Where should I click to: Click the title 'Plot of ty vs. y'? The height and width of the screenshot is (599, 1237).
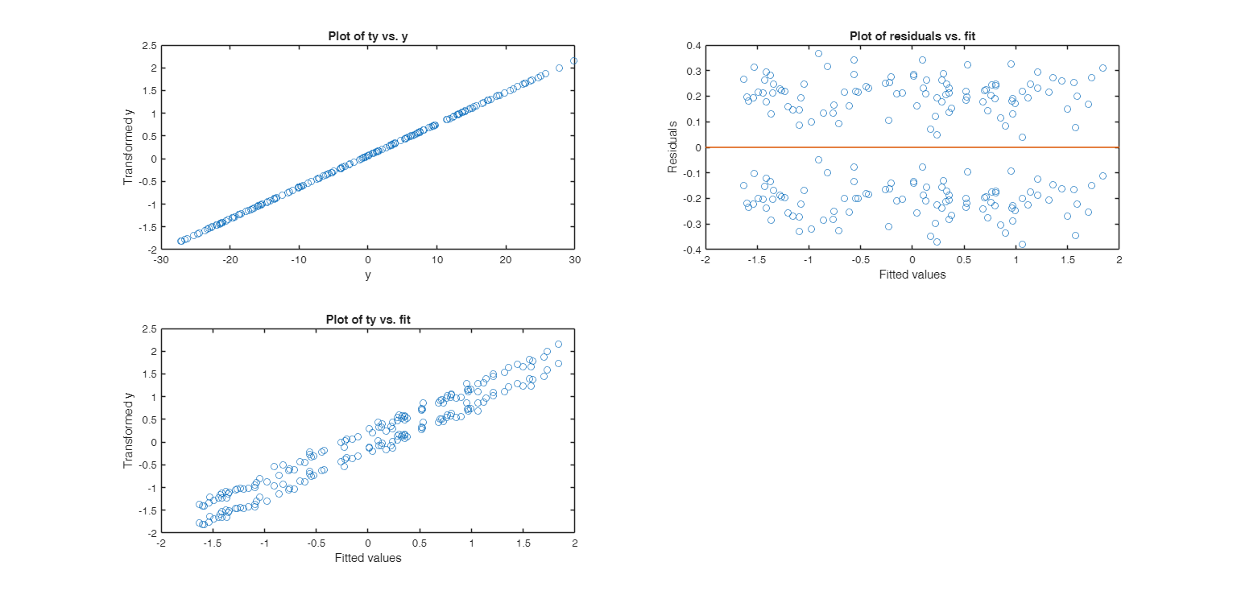click(x=367, y=35)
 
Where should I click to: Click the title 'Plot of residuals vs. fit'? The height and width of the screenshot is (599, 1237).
click(x=912, y=35)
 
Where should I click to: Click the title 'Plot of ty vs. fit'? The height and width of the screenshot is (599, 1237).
click(x=367, y=320)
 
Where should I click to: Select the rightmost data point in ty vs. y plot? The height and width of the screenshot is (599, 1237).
click(x=573, y=60)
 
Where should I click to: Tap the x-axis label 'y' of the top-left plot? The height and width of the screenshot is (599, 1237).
click(x=367, y=275)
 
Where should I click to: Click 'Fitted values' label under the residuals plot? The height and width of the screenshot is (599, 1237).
click(x=912, y=275)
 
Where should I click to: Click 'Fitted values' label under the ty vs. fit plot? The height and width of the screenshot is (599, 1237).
click(x=367, y=559)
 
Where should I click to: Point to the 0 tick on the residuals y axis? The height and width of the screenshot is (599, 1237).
click(x=697, y=148)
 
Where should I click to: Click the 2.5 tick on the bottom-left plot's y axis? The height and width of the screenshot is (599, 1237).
click(x=148, y=329)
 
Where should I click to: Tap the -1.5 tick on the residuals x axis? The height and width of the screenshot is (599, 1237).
click(x=756, y=261)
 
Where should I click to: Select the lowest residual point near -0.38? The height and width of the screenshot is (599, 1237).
click(x=1022, y=244)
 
